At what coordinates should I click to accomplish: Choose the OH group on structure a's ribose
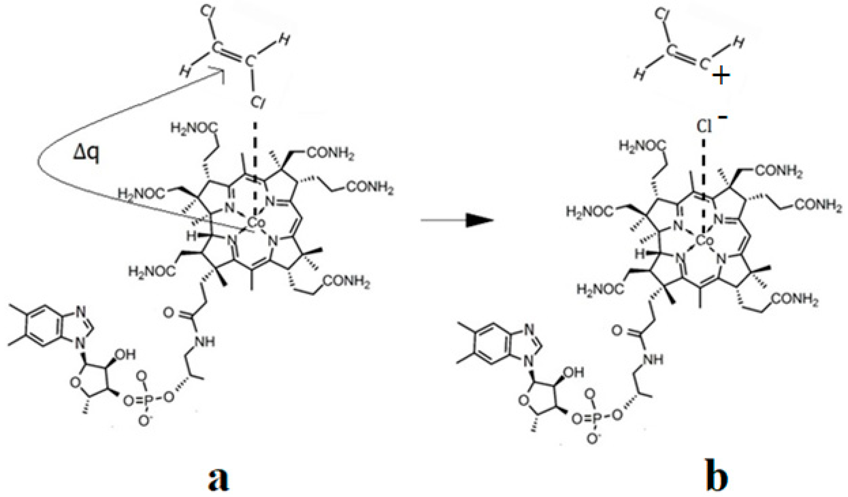pyautogui.click(x=125, y=355)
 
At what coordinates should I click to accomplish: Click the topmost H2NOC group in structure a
pyautogui.click(x=194, y=128)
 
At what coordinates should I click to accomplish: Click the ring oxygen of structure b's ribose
pyautogui.click(x=524, y=401)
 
